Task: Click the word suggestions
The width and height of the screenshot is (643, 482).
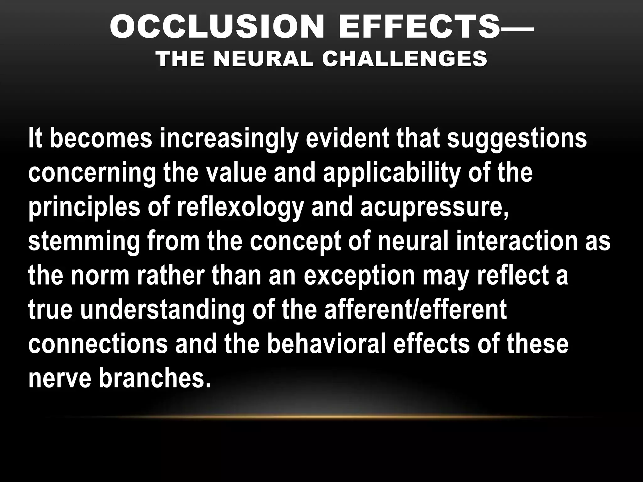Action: click(x=517, y=139)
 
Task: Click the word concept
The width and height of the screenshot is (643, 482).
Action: click(x=295, y=242)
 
